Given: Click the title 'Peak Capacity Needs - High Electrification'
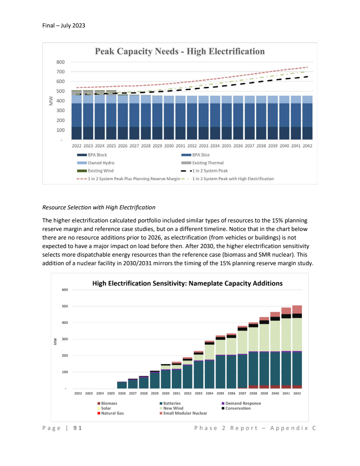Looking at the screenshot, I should click(x=180, y=51).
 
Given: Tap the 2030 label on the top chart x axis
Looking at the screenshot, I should click(x=169, y=146).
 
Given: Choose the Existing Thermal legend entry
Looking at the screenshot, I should click(x=207, y=163).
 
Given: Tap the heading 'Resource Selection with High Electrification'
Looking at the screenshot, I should click(x=99, y=208).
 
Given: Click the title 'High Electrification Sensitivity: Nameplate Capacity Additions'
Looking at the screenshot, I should click(x=187, y=284).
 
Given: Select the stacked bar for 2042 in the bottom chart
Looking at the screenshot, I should click(x=297, y=347).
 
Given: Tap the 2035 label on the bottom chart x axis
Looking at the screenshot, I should click(x=220, y=393).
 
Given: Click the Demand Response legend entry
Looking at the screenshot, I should click(x=243, y=403).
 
